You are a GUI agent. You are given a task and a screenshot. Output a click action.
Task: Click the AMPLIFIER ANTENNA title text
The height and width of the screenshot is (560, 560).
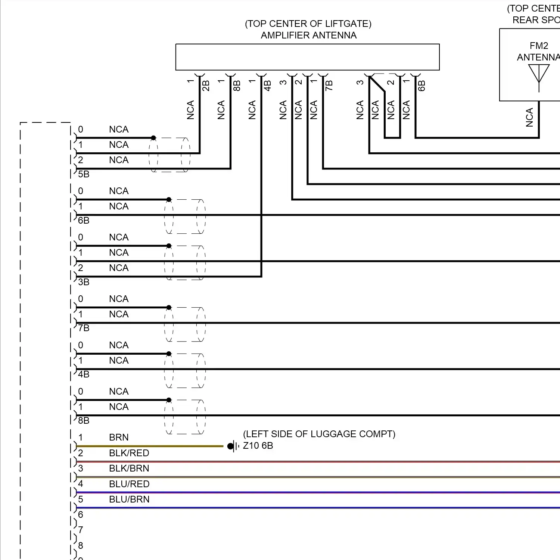[309, 35]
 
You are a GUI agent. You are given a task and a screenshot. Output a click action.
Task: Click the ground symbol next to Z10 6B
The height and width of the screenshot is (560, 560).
[233, 446]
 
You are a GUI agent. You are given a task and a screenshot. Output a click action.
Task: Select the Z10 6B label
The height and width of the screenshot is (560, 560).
[258, 446]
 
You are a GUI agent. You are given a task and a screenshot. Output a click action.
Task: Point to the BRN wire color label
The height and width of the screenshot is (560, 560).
[119, 438]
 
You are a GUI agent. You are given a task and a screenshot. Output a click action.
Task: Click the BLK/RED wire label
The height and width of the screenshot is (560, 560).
[129, 453]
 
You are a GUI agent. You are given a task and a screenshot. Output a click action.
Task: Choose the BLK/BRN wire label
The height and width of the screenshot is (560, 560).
[129, 469]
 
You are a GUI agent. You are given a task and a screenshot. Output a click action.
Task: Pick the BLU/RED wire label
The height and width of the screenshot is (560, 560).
[129, 484]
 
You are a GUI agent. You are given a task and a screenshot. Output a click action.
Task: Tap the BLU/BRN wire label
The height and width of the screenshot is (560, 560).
[129, 500]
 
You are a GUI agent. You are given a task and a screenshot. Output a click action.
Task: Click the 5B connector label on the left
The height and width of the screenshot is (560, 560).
[84, 174]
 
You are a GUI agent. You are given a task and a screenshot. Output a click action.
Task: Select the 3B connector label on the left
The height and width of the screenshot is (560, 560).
[84, 282]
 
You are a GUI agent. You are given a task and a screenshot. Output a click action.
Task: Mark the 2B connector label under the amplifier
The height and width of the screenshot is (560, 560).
[206, 86]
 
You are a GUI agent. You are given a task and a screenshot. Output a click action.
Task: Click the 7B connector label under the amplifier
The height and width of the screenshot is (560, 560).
[329, 86]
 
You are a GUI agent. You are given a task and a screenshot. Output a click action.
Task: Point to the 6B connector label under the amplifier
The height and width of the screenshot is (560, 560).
[421, 86]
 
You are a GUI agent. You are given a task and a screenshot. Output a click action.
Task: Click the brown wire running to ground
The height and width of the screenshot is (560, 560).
[150, 446]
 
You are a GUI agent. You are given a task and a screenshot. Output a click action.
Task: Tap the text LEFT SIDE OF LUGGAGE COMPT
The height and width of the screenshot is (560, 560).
[319, 434]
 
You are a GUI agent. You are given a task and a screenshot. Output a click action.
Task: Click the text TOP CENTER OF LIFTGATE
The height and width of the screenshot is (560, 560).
[308, 24]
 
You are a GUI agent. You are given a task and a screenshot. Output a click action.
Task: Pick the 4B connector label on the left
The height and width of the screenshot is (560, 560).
[84, 374]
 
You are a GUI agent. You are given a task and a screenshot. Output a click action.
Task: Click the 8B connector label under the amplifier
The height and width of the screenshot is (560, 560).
[237, 86]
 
